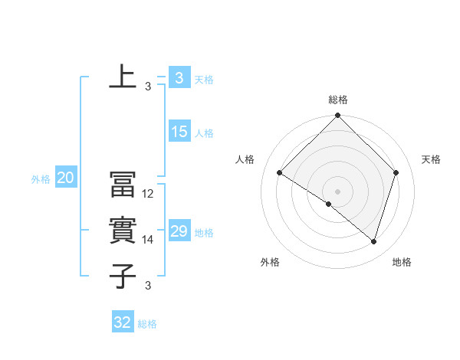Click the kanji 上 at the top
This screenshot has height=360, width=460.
coord(123,77)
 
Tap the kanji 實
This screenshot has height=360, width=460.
coord(123,231)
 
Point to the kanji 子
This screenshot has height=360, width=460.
coord(123,276)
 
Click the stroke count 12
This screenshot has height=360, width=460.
coord(149,194)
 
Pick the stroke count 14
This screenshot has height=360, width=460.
coord(149,240)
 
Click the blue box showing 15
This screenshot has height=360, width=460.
coord(179,132)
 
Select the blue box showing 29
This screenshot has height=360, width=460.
coord(179,231)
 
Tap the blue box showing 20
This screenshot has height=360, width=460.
coord(66,178)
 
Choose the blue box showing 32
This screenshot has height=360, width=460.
coord(123,322)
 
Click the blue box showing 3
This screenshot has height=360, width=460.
coord(179,77)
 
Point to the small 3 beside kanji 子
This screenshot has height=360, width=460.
coord(148,286)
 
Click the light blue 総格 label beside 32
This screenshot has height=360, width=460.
coord(147,324)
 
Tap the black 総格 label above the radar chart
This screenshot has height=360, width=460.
coord(338,100)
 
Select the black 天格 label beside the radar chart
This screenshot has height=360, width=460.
coord(432,159)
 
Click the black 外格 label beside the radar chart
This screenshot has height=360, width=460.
coord(270,262)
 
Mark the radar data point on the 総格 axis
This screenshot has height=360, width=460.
coord(338,116)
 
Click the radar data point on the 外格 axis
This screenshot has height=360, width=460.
coord(329,205)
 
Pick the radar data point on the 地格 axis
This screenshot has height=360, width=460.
coord(373,241)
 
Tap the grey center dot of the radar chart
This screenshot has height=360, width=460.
coord(338,191)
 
